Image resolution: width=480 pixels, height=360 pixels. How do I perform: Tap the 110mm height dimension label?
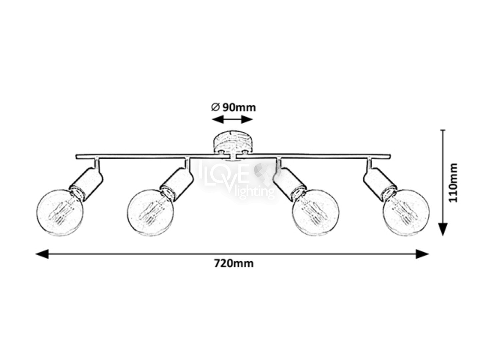[452, 183]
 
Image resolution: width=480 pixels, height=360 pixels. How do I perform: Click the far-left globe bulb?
[60, 213]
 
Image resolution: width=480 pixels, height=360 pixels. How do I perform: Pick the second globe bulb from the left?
[151, 213]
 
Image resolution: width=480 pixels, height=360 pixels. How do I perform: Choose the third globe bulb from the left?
[315, 213]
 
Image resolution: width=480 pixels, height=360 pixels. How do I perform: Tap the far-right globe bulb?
[406, 213]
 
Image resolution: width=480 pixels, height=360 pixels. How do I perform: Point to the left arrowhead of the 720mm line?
[42, 254]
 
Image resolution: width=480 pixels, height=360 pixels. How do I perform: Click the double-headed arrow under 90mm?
[232, 119]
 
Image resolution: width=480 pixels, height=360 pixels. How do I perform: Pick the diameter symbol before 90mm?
[215, 107]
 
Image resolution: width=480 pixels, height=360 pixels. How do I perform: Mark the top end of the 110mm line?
[443, 131]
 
